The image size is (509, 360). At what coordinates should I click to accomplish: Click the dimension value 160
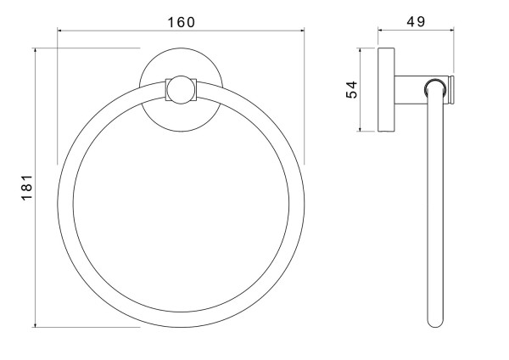182,22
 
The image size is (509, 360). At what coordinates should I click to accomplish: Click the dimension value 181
27,188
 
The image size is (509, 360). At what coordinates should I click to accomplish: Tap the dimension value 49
416,21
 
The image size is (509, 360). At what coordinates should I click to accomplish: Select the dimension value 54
351,89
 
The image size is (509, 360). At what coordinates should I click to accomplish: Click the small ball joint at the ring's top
182,90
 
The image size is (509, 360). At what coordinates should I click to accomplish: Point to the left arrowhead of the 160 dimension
60,31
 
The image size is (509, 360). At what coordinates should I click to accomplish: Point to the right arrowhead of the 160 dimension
301,31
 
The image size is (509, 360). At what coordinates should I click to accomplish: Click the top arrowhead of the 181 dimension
35,51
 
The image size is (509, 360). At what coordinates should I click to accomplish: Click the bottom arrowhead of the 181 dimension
35,324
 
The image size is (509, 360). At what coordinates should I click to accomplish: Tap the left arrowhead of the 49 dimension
381,31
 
